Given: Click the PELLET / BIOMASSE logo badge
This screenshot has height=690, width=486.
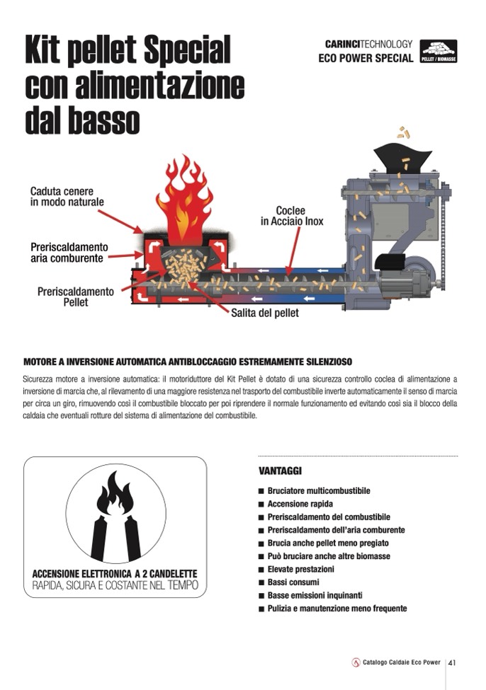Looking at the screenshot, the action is point(438,51).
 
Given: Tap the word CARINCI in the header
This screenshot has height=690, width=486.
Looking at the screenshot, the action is point(342,44).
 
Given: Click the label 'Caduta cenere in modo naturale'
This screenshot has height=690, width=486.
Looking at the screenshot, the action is point(67,197).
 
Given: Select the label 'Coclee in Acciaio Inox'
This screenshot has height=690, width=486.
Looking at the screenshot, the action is point(292,216).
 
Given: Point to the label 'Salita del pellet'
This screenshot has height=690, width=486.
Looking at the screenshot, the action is point(265,313).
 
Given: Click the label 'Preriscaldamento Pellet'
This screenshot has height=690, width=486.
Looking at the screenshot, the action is point(75,297).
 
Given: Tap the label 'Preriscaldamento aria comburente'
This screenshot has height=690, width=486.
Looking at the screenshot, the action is point(69,253).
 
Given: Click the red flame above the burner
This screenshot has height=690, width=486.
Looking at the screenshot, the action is point(185,200).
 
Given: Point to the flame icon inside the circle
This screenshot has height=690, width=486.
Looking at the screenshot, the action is point(115,493).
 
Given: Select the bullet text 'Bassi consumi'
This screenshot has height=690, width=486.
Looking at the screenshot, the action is point(293,582).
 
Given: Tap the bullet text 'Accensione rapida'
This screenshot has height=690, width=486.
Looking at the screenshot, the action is point(300,504).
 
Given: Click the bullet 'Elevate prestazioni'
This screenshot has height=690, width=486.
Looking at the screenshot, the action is point(301,569).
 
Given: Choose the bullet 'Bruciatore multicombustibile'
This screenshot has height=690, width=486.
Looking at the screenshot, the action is point(319,490).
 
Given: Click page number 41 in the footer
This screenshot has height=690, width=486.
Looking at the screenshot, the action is point(451,662).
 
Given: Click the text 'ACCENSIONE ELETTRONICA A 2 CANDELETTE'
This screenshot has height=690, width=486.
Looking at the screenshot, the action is point(115,574).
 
